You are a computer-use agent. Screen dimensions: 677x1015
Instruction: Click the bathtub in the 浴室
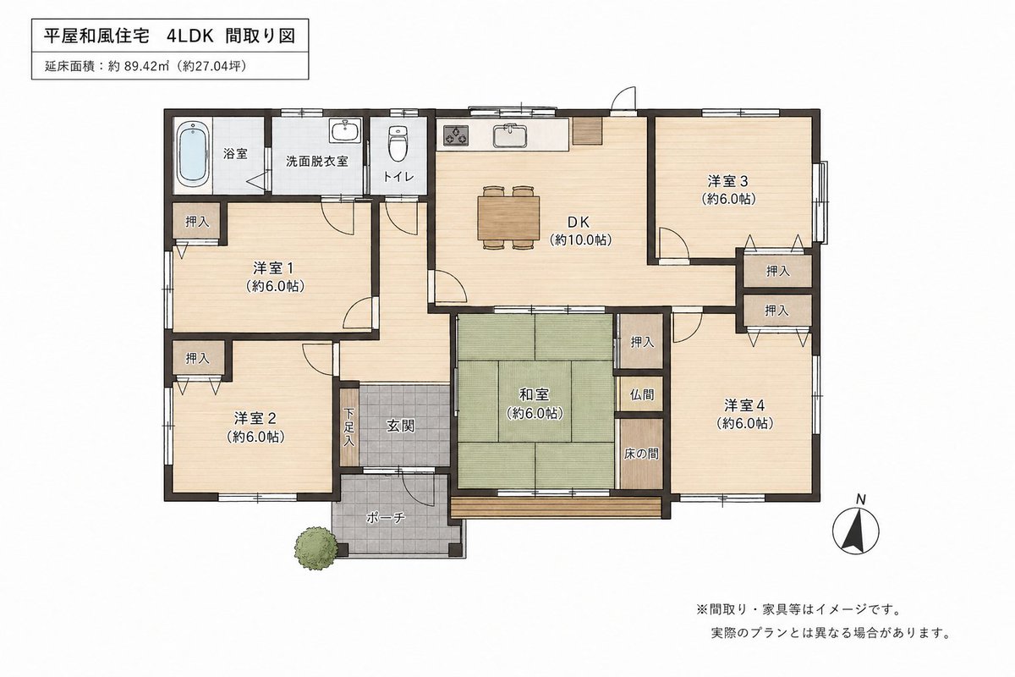(x=192, y=153)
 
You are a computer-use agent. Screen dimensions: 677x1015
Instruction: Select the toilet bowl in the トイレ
(x=396, y=144)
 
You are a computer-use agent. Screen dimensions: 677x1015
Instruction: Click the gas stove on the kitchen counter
(x=457, y=134)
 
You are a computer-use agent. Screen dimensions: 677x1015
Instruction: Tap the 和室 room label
(x=533, y=394)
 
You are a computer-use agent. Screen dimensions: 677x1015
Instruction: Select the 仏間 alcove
(x=641, y=394)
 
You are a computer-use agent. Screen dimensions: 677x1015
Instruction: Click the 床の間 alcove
(x=641, y=453)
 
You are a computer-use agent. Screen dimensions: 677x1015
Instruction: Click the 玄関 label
(x=400, y=426)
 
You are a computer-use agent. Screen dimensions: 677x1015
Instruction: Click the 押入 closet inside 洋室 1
(x=197, y=223)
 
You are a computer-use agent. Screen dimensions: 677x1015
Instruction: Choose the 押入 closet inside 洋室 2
(x=197, y=358)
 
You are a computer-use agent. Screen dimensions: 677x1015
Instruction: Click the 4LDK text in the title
(x=190, y=36)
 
